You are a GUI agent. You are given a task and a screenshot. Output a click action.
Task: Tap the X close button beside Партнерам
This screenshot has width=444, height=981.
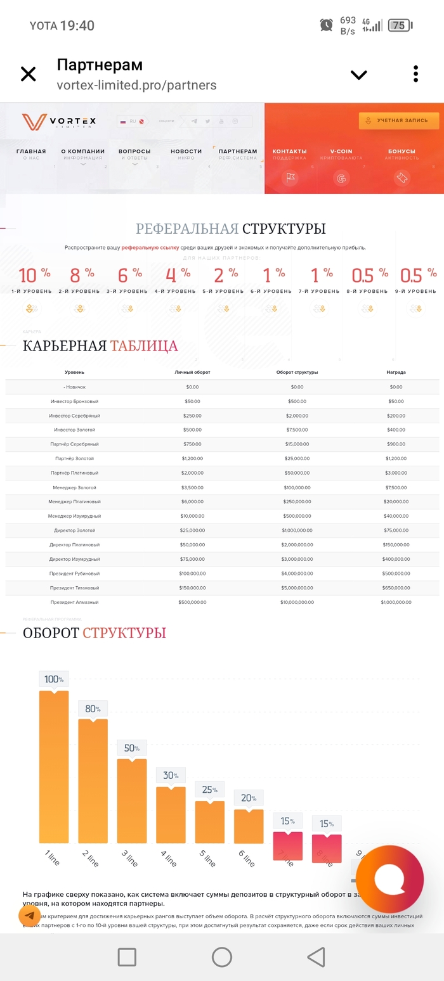29,74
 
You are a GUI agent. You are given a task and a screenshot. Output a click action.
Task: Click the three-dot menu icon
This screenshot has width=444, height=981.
415,74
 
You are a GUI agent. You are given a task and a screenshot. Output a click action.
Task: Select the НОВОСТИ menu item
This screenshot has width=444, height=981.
186,151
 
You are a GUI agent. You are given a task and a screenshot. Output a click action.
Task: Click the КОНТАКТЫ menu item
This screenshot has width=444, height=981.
289,151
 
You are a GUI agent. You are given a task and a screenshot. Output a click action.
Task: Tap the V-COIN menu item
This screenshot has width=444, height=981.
341,151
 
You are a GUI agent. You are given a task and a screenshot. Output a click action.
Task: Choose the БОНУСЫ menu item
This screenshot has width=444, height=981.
402,151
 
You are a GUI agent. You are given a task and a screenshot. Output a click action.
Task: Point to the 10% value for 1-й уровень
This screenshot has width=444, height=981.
34,275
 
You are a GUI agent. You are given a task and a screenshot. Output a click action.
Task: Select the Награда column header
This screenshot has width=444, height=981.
396,372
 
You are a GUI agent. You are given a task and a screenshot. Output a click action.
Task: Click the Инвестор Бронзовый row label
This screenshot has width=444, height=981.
74,401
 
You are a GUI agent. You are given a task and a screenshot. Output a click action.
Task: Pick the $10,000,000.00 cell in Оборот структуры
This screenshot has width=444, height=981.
297,602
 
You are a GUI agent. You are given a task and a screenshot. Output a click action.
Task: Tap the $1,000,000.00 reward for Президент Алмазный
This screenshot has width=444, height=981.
396,602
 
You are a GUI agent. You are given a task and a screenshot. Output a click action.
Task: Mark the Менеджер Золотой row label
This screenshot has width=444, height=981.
74,487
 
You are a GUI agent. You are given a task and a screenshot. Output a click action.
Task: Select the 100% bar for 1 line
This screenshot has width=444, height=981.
54,767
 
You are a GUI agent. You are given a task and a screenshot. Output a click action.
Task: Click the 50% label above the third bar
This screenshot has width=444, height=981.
132,748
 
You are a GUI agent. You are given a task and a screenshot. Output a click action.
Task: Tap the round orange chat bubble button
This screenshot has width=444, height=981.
389,879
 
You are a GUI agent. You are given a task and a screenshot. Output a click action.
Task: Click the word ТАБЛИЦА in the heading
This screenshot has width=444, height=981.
144,346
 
